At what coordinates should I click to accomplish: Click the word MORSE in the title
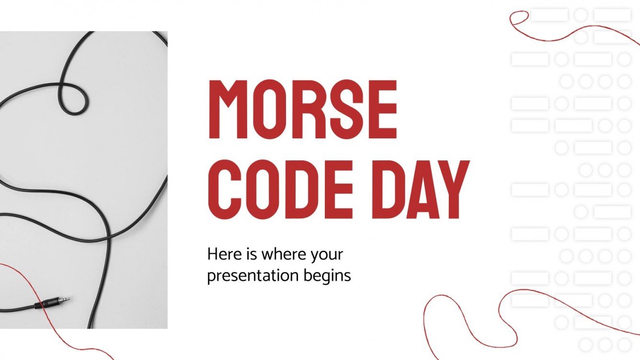(x=302, y=109)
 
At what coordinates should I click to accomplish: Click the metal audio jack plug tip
(x=64, y=300)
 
